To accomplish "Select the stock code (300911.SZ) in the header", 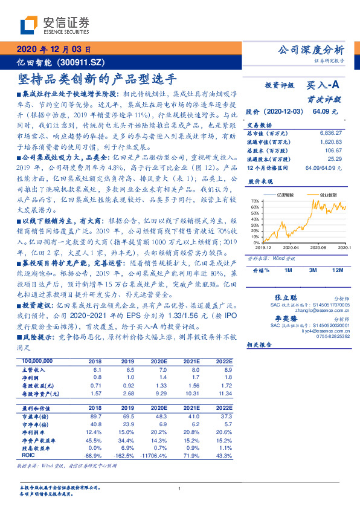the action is tap(83, 62).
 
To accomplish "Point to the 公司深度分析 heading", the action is tap(310, 50).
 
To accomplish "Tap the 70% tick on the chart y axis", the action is tap(256, 201).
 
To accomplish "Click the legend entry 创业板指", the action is tap(329, 195).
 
